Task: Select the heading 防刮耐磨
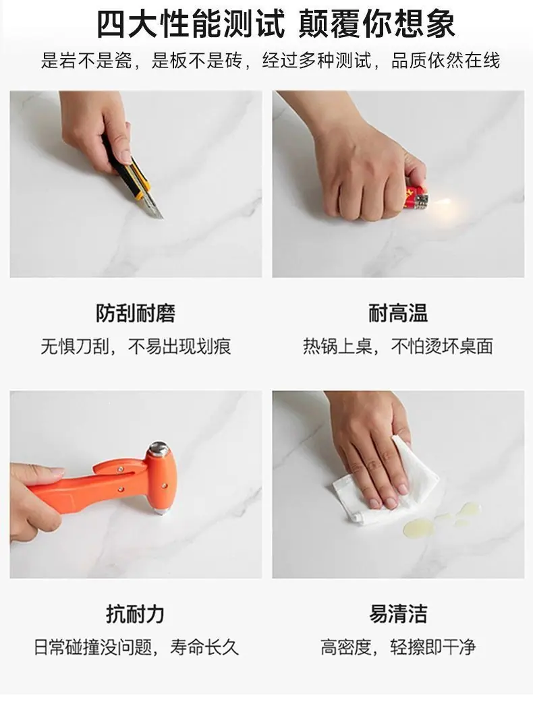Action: click(135, 313)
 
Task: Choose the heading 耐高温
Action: click(398, 313)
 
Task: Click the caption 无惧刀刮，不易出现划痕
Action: click(136, 347)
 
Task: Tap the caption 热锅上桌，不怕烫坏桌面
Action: click(398, 347)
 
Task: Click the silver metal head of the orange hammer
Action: click(159, 449)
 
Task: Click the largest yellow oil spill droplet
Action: click(418, 527)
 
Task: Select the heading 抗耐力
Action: click(135, 614)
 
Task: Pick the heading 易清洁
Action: click(398, 614)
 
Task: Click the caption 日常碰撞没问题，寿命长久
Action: click(136, 647)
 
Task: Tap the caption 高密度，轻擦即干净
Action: click(398, 647)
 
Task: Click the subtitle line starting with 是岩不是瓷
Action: click(270, 61)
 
